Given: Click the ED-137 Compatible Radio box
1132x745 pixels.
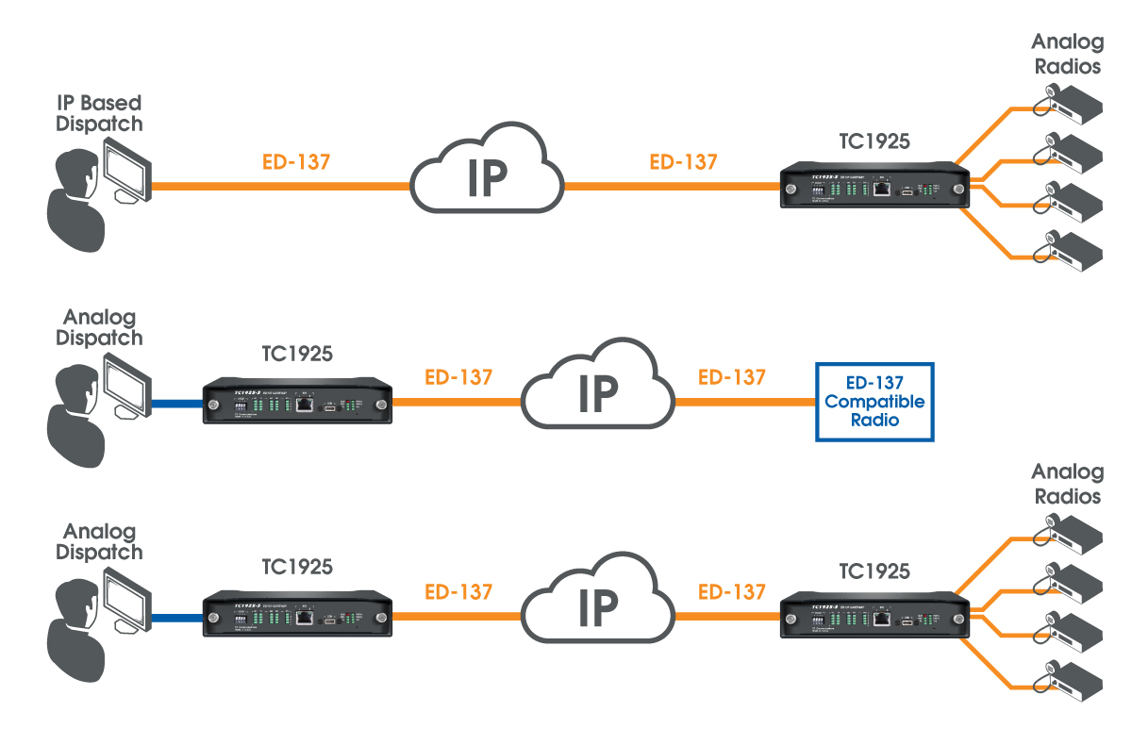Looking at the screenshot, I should pyautogui.click(x=875, y=402).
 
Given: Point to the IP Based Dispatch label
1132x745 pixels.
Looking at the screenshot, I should pyautogui.click(x=100, y=113).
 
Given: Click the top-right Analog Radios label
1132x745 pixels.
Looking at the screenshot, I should pyautogui.click(x=1066, y=54).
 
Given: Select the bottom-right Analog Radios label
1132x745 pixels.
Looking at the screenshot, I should pyautogui.click(x=1066, y=484).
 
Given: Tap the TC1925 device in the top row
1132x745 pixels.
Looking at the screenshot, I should pyautogui.click(x=874, y=188).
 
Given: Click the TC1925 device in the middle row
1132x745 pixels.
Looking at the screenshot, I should pyautogui.click(x=298, y=403).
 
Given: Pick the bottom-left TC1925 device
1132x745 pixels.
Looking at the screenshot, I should pyautogui.click(x=298, y=617).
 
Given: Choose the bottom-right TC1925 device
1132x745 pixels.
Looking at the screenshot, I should pyautogui.click(x=874, y=617).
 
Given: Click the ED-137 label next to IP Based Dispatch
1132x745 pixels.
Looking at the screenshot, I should pyautogui.click(x=296, y=162).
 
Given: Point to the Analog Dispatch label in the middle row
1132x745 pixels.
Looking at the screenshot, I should pyautogui.click(x=100, y=328).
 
